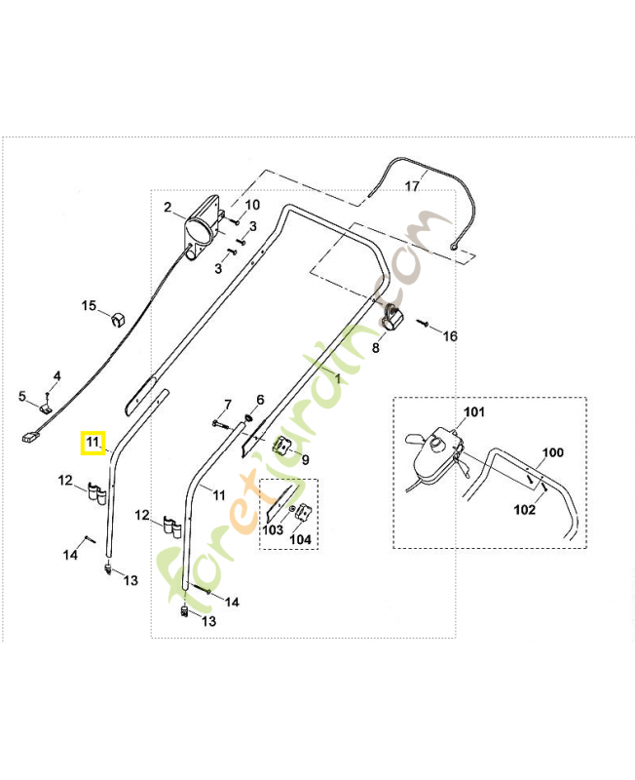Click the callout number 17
412,185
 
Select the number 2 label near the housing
167,207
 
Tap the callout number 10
252,205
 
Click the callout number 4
56,375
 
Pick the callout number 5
22,396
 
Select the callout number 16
450,336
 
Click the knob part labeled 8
392,317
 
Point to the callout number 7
228,404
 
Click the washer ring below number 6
252,419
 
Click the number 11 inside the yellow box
93,443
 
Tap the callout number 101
473,411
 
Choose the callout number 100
552,452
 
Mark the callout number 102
524,508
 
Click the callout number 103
274,530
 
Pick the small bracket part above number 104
303,512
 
